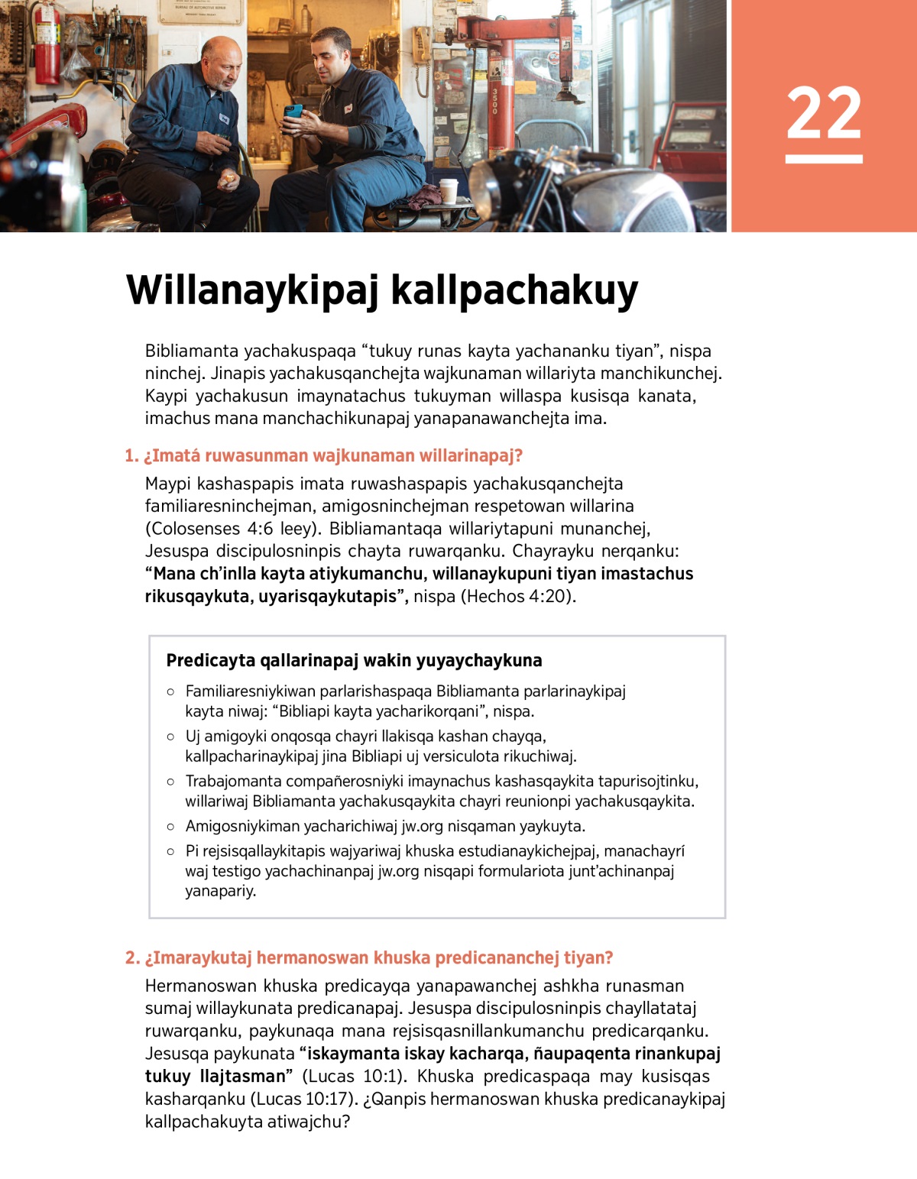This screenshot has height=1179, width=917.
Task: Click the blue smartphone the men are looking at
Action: [293, 112]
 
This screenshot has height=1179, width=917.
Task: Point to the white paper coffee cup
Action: [449, 190]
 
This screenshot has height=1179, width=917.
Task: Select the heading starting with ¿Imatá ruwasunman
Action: [324, 456]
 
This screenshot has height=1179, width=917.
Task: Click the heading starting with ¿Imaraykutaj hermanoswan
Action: [369, 958]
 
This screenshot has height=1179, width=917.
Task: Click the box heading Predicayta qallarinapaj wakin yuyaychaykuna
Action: [354, 661]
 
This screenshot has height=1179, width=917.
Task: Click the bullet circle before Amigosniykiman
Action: [170, 827]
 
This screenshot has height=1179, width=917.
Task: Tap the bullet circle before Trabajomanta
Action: [170, 782]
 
